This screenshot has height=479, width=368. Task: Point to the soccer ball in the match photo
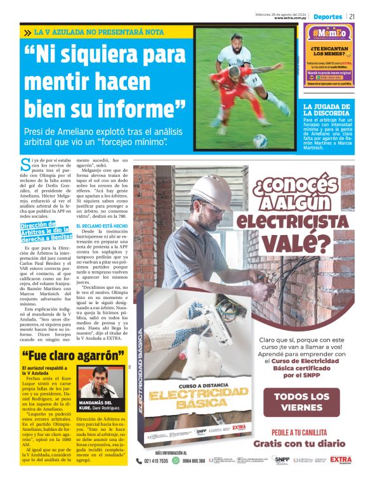point(260,141)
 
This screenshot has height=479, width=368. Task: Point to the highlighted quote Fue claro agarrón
point(72,356)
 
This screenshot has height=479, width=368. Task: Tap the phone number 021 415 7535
point(156,461)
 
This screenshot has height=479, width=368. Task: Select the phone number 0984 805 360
point(193,461)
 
